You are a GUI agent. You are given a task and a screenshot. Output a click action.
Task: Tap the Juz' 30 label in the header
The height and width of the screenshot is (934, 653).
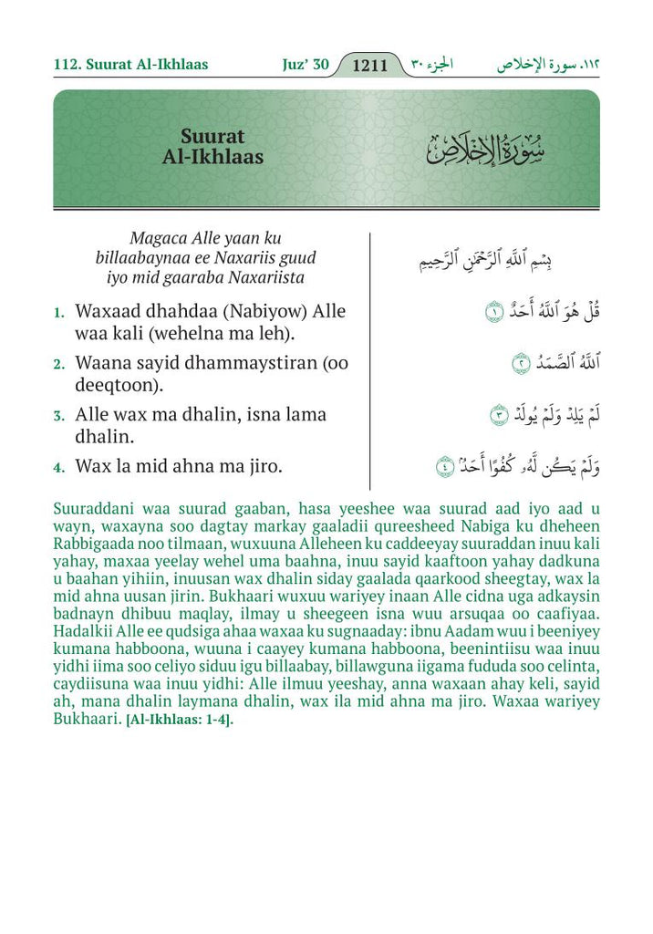click(x=304, y=65)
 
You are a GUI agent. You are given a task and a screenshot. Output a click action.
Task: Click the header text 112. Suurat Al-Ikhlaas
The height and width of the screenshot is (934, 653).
click(x=130, y=65)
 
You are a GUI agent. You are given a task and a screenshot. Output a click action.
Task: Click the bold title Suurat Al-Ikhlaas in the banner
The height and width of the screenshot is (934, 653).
click(x=212, y=148)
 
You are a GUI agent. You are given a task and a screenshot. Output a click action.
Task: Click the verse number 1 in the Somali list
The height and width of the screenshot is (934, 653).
click(x=58, y=313)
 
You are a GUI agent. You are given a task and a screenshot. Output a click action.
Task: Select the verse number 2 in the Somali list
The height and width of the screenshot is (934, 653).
click(x=58, y=364)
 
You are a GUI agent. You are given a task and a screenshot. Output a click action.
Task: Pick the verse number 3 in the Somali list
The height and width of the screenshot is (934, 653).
click(x=58, y=416)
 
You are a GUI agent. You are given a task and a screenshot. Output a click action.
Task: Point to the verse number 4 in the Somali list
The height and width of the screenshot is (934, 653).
click(x=58, y=468)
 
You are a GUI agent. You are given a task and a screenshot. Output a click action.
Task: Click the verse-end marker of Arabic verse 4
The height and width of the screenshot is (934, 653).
click(x=445, y=467)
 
